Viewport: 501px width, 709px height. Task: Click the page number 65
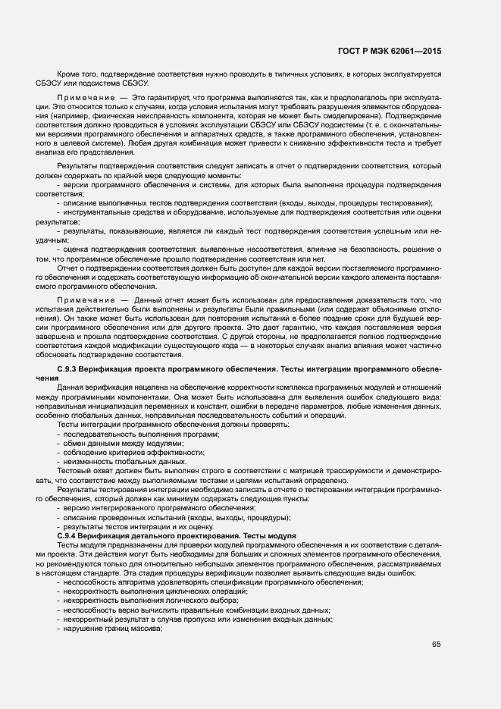point(435,645)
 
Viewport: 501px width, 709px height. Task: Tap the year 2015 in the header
point(429,51)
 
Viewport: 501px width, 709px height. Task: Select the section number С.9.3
point(70,369)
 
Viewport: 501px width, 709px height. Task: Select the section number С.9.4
point(70,536)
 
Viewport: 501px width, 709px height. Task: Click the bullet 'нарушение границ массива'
point(113,629)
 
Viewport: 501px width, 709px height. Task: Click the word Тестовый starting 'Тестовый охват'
point(74,471)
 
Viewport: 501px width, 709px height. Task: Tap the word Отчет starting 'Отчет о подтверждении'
point(68,268)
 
